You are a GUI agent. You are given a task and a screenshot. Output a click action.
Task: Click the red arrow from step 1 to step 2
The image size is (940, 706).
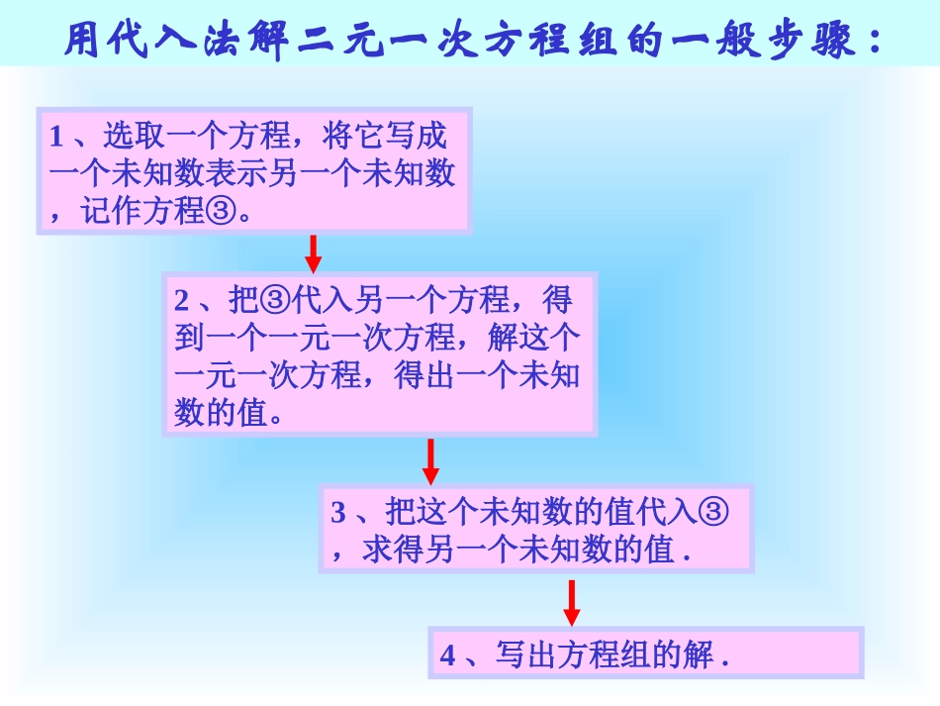314,253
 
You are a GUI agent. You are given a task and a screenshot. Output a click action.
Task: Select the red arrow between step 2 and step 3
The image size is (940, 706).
430,460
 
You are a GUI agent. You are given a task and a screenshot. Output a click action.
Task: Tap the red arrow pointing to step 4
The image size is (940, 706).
572,602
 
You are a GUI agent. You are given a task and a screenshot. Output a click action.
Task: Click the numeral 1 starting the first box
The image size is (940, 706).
56,136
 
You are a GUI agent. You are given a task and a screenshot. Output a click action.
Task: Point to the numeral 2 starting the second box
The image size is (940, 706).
182,300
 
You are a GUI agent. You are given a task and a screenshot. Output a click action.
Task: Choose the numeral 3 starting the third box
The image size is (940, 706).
338,513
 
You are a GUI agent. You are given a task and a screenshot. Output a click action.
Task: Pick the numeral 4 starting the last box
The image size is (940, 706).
447,656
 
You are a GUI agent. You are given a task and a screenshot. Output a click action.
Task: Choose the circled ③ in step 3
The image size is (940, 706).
713,512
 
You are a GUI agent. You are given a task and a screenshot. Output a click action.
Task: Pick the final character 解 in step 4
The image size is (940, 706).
701,656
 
